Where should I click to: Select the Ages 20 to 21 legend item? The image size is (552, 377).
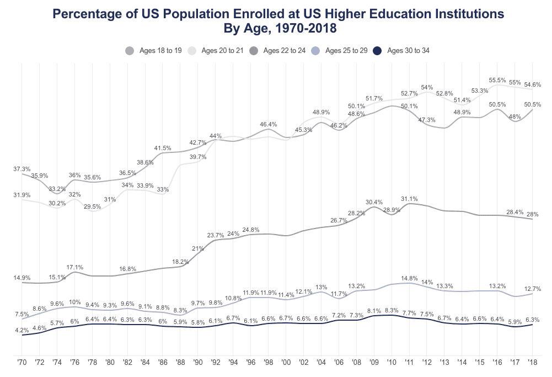point(217,51)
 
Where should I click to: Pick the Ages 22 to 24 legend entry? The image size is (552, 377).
point(279,51)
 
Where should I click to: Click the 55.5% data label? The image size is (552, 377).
point(498,80)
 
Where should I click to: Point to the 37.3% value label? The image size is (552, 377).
point(22,169)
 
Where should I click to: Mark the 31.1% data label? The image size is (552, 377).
point(409,199)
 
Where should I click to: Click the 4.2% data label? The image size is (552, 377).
point(22,330)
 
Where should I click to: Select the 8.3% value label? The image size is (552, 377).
point(392,310)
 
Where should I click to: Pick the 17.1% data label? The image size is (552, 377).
point(75,267)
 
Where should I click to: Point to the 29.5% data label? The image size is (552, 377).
point(92,206)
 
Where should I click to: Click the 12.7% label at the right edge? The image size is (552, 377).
point(532,289)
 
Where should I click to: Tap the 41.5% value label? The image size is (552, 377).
point(163,148)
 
